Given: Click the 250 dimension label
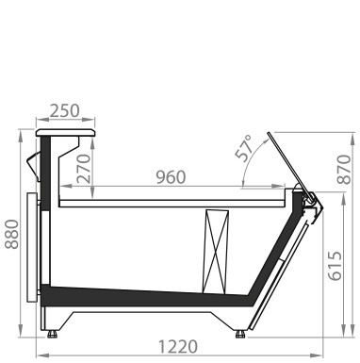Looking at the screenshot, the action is click(x=65, y=111).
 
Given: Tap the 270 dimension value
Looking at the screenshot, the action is click(x=84, y=169).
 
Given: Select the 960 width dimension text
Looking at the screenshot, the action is click(x=171, y=177).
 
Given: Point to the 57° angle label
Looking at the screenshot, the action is click(x=244, y=148).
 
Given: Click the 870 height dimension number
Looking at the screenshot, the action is click(x=344, y=169).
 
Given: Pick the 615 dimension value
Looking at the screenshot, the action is click(x=335, y=266).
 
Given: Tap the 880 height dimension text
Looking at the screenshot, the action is click(x=12, y=234).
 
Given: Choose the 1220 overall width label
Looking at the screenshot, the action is click(x=178, y=347).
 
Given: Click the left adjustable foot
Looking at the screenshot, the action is click(x=52, y=334).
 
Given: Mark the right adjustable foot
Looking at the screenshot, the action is click(x=240, y=334).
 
